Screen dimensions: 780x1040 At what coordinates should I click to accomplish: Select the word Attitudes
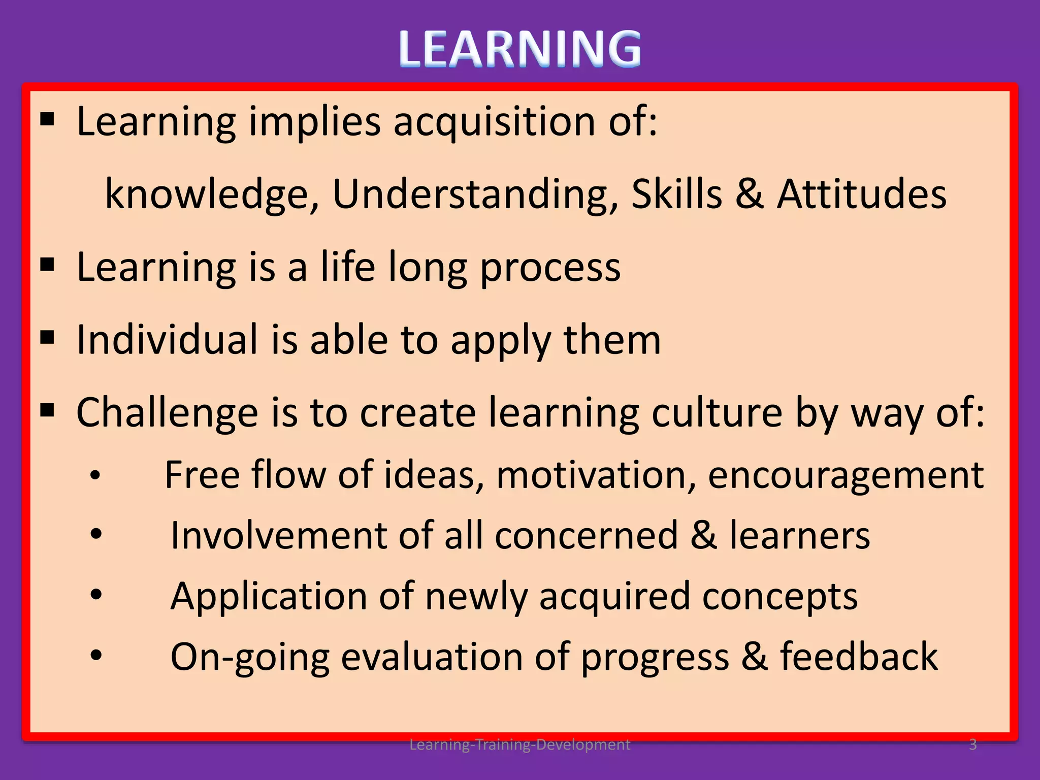[x=862, y=194]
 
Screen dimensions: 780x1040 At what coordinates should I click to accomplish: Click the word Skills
[x=676, y=194]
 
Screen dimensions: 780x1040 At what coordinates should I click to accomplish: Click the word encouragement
[x=846, y=475]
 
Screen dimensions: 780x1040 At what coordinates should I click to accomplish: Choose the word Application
[x=269, y=596]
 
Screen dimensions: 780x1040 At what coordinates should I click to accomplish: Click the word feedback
[x=859, y=656]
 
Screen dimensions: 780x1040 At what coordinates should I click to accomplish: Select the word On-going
[x=249, y=657]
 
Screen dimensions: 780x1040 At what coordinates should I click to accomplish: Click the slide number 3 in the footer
[x=973, y=744]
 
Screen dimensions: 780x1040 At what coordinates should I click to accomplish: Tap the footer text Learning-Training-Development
[x=519, y=744]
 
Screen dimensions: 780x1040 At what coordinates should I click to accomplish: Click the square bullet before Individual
[x=47, y=337]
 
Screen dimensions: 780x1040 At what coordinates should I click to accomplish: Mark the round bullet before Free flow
[x=95, y=476]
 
